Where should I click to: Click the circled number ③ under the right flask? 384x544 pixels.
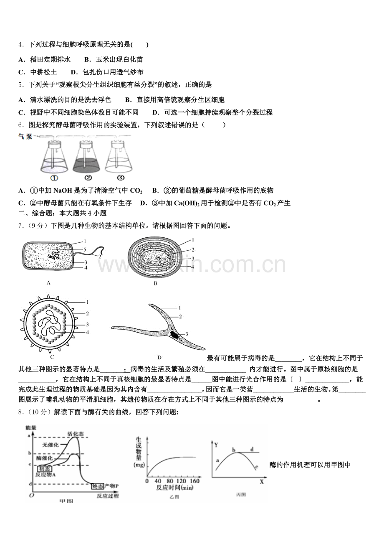click(120, 178)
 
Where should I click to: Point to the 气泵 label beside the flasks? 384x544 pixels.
click(25, 137)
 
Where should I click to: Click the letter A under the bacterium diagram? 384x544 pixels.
click(48, 283)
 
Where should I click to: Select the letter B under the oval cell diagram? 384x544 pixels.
click(155, 283)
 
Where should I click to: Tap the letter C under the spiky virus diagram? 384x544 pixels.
click(52, 357)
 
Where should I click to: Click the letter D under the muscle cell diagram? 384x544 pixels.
click(159, 358)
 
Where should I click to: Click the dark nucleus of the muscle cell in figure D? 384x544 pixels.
click(176, 334)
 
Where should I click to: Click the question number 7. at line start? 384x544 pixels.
click(21, 226)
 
